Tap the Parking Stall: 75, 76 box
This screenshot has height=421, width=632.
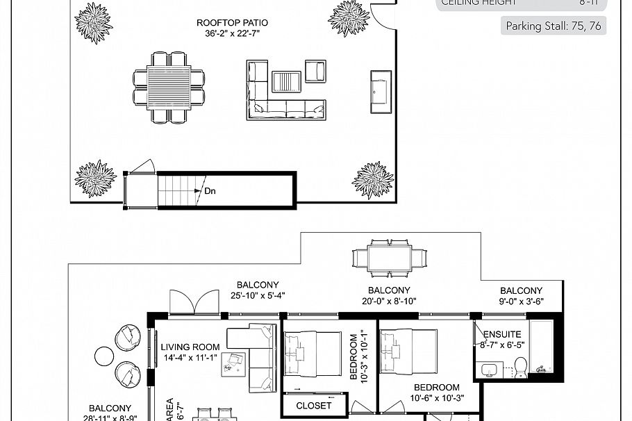click(x=553, y=26)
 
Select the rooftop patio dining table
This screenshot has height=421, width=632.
click(x=169, y=86)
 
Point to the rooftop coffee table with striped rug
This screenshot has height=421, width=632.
click(x=285, y=81)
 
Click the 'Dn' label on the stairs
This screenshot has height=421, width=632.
click(x=210, y=190)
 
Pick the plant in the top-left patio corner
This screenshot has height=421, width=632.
click(x=94, y=22)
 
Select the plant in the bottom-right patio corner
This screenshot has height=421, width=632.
click(x=373, y=180)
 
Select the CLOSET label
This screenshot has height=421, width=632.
click(x=314, y=405)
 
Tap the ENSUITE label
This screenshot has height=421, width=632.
click(x=502, y=334)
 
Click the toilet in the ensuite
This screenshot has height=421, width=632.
click(x=521, y=366)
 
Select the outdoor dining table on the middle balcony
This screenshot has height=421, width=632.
click(x=389, y=258)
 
